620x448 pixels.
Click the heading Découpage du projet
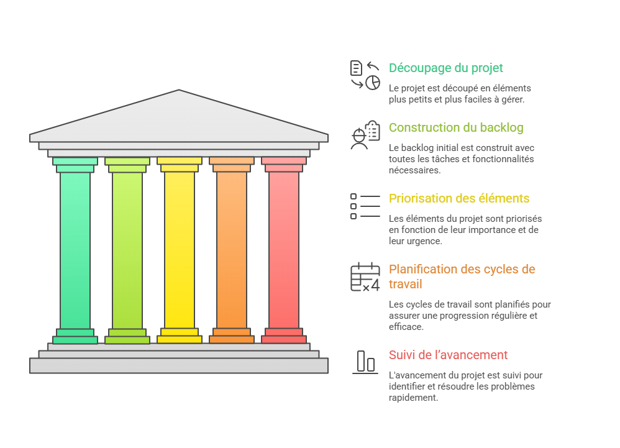445,68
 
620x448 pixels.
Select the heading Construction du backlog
455,127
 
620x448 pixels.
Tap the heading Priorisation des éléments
458,198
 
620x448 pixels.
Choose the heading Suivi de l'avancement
448,355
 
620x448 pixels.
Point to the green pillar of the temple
75,249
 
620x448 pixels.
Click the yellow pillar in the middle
180,249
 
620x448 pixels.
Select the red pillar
284,249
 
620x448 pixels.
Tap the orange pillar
232,249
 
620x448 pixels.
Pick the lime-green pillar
127,249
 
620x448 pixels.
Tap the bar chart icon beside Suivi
365,362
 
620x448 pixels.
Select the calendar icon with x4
365,277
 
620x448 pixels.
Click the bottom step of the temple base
179,366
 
